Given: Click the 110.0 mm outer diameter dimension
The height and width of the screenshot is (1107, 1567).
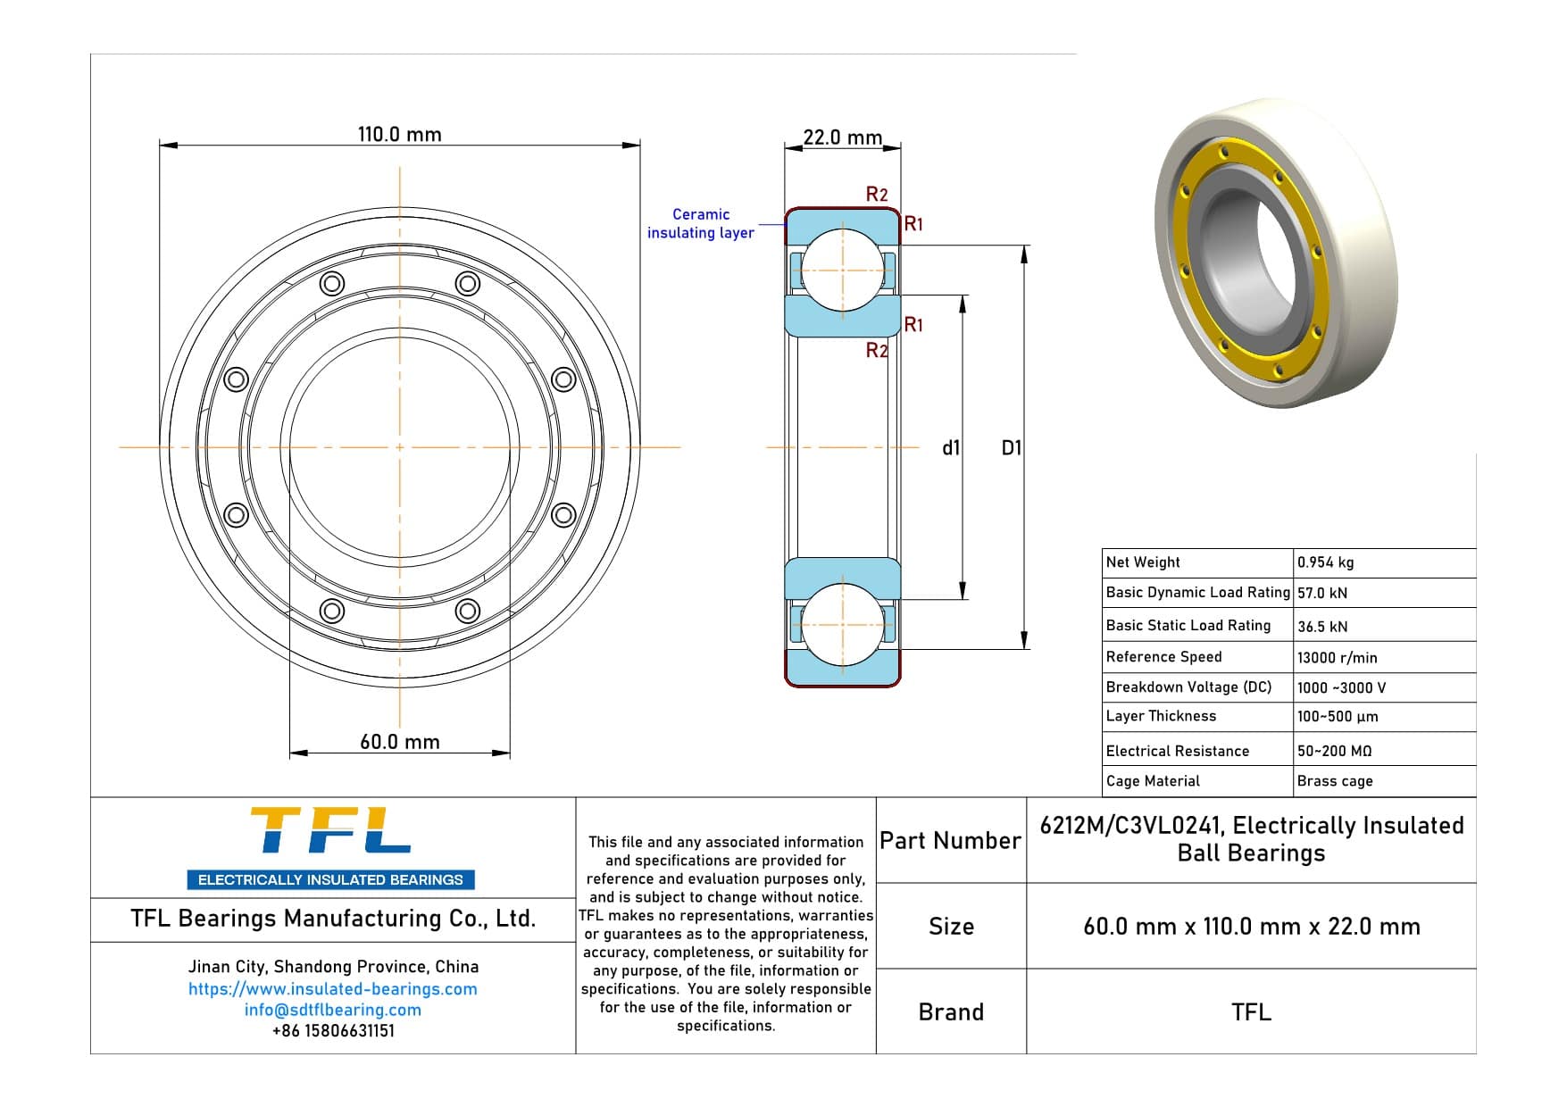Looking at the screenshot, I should (x=399, y=135).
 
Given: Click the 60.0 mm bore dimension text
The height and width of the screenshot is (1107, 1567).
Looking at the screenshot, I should (x=399, y=742).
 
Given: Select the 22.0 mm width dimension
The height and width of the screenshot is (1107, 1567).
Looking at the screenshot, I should (x=841, y=137).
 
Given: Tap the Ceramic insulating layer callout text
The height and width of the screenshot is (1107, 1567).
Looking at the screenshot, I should (x=700, y=223).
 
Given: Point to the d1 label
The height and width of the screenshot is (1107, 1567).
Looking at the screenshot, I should (x=951, y=448).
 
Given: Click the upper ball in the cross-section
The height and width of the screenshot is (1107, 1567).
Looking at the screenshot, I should (x=842, y=270).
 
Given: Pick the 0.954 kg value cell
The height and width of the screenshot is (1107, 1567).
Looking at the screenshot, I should (x=1325, y=562).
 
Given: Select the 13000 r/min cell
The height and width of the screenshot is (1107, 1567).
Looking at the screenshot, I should (x=1337, y=658).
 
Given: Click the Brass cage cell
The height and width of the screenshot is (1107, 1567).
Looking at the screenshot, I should (x=1335, y=781).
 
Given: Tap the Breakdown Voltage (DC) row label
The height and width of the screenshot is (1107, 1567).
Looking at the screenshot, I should (x=1188, y=687).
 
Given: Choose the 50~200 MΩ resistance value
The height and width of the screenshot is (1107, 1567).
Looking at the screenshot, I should (x=1334, y=752).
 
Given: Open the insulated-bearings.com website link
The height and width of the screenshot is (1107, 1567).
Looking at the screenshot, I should (x=332, y=989).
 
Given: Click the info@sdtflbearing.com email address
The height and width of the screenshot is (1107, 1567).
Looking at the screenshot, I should (x=332, y=1010).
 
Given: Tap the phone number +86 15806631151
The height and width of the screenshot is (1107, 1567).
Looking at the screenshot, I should (x=332, y=1031).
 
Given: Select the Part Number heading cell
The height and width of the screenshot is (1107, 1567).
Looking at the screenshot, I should (x=950, y=841).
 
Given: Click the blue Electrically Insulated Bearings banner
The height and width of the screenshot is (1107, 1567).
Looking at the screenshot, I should (x=330, y=880).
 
